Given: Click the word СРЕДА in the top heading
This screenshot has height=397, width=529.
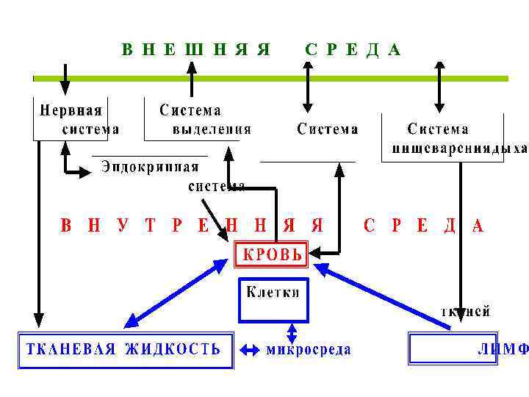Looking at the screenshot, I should coord(353,50).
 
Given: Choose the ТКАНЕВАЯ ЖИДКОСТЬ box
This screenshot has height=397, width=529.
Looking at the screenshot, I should coord(124,349).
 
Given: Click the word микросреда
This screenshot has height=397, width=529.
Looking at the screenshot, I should coord(308,349).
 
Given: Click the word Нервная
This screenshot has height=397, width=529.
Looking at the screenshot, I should coord(71,111).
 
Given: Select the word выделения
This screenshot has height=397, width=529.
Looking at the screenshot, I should coord(212,129).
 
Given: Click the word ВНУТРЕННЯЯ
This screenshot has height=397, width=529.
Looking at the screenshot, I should coord(191,226).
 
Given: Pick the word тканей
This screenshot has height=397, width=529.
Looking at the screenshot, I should coord(465,312).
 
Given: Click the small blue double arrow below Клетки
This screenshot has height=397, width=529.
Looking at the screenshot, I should coord(292,332).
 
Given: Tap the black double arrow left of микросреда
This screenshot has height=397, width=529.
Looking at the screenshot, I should coord(250,350).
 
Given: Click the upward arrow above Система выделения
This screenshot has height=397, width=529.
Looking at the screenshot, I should coord(192,79).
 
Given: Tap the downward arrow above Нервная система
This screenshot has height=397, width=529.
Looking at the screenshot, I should coord(65,79).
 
